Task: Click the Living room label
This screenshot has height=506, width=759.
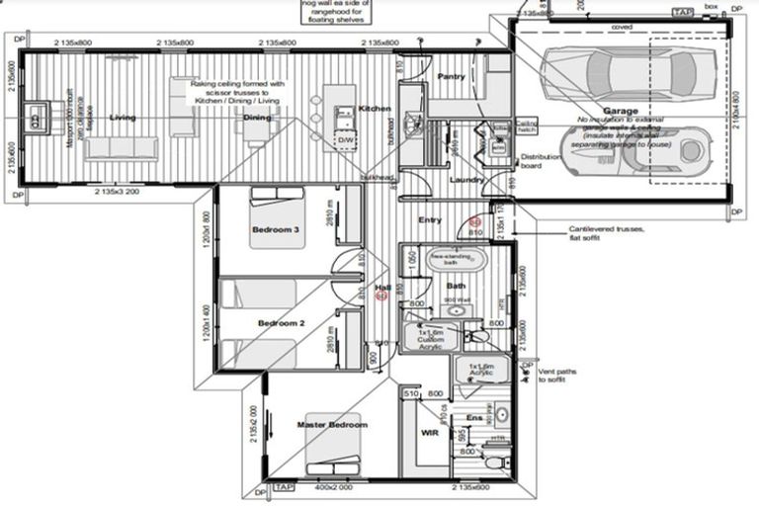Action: (x=123, y=118)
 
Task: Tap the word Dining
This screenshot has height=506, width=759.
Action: (x=258, y=118)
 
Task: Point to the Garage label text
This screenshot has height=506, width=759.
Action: (x=621, y=111)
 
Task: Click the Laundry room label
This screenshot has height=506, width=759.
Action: (x=465, y=180)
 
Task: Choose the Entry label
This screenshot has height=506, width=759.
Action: (x=430, y=219)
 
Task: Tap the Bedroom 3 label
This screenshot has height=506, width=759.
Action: (x=275, y=229)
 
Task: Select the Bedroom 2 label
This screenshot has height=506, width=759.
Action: (x=281, y=323)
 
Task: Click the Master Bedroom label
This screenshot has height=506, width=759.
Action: (x=332, y=425)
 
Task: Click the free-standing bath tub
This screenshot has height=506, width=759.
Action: (x=457, y=263)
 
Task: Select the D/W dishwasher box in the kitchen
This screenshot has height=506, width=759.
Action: (x=346, y=140)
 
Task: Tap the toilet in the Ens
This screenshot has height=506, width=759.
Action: (x=495, y=460)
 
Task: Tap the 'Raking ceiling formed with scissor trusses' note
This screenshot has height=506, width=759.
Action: (x=237, y=93)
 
